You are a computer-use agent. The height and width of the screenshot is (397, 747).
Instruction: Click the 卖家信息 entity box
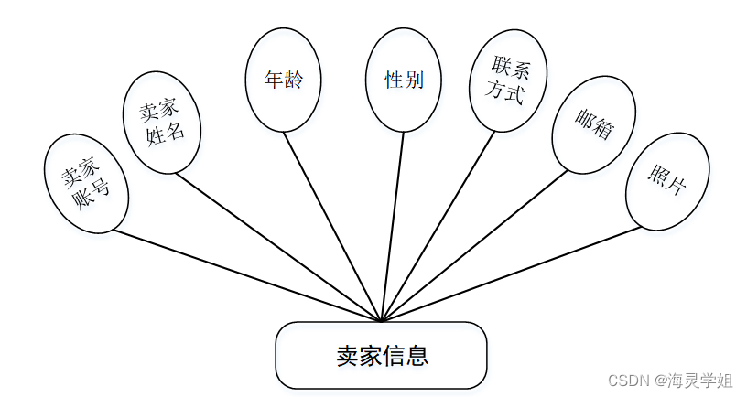(381, 355)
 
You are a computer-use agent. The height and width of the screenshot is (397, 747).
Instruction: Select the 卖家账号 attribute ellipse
(87, 183)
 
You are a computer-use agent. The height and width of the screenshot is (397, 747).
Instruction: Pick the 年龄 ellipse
(284, 80)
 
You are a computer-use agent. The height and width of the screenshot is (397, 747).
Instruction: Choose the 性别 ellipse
(404, 80)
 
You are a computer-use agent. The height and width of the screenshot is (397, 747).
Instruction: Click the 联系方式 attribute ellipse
(508, 80)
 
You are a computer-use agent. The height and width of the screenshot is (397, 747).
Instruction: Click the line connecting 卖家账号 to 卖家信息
(247, 275)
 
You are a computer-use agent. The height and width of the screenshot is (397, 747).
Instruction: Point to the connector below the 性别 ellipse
(393, 224)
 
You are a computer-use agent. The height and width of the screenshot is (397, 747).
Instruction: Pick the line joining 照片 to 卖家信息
(513, 274)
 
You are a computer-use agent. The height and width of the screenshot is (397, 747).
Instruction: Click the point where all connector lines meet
(381, 321)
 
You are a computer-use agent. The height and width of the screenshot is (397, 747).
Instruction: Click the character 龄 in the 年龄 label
(293, 80)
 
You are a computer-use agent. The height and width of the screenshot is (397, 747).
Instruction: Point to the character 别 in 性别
(414, 80)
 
